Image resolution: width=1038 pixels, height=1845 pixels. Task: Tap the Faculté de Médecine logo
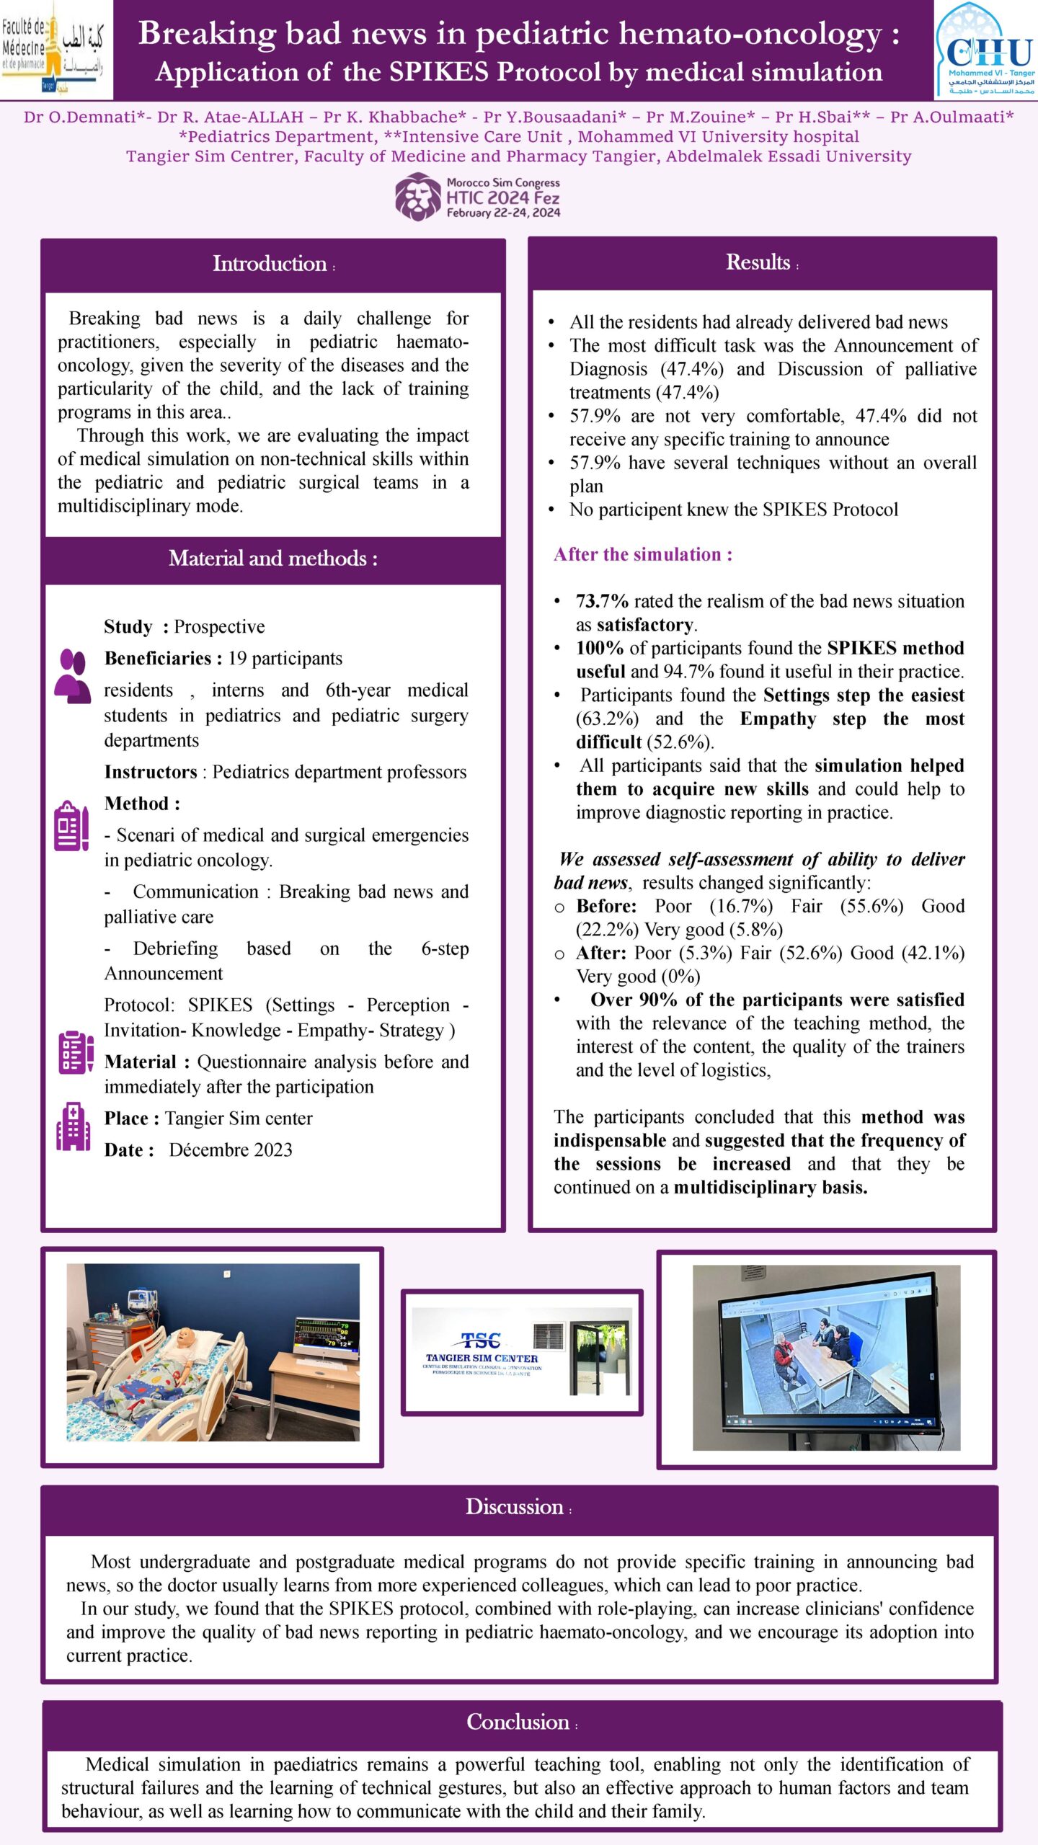point(56,49)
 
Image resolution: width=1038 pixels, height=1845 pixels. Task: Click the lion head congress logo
point(417,197)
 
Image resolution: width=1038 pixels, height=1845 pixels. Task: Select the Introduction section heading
point(270,264)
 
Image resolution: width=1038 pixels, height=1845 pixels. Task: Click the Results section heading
point(758,262)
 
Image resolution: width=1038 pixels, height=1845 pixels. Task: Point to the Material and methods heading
point(272,559)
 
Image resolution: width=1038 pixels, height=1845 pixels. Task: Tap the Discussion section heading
point(515,1507)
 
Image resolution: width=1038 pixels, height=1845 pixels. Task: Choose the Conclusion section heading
point(518,1722)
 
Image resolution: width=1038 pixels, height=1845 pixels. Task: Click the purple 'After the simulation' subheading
point(642,554)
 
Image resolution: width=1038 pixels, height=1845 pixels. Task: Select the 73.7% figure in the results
point(602,601)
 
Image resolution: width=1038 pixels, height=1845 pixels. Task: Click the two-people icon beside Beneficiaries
point(73,675)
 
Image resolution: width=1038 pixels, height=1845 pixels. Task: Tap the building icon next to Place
point(74,1126)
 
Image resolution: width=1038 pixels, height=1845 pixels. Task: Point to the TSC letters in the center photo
point(481,1341)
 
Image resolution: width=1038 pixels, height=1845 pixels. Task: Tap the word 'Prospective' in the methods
point(219,627)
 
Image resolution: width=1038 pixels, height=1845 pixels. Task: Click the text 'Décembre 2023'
point(231,1150)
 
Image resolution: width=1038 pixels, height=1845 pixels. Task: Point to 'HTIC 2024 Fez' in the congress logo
point(502,197)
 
